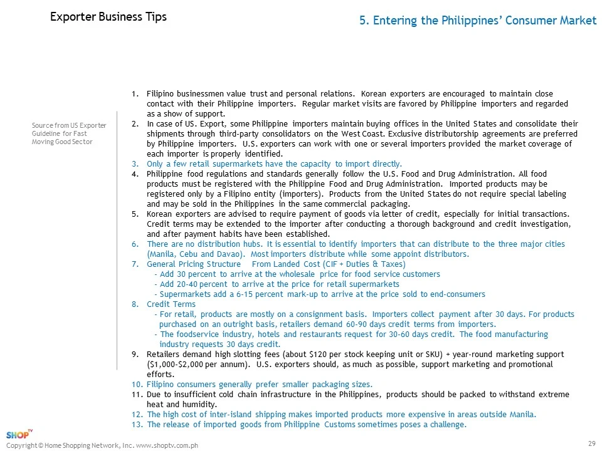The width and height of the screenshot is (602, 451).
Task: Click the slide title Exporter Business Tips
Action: [108, 17]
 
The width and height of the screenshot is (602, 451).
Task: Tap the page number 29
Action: [591, 443]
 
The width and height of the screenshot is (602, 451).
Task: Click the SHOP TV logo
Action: [19, 435]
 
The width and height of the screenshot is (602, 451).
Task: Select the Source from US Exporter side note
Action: [69, 133]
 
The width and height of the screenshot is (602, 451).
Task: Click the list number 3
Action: [135, 163]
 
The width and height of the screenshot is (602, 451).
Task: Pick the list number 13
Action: [137, 424]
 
